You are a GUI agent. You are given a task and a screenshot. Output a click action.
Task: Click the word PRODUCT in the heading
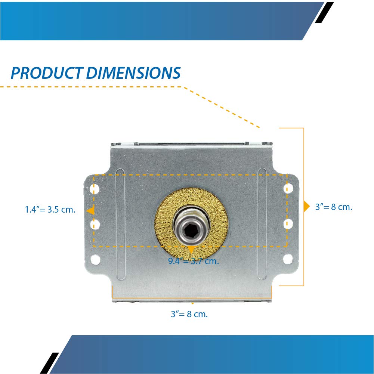coord(46,73)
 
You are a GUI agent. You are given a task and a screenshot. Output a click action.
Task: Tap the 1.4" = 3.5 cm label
coord(50,210)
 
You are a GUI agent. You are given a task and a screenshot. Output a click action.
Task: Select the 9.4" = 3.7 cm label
coord(193,261)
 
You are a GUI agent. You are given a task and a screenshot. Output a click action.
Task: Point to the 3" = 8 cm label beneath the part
coord(189,314)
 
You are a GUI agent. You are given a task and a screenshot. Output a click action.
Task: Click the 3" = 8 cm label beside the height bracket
coord(334,207)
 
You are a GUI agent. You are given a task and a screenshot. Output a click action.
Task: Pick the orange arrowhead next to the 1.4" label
coord(90,211)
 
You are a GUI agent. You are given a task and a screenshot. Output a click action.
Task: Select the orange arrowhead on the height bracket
coord(306,207)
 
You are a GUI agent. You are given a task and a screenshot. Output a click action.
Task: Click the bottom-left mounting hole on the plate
coord(96,258)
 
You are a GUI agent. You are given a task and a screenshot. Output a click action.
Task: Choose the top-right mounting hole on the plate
coord(288,188)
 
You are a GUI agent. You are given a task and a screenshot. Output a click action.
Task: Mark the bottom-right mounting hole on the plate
coord(288,258)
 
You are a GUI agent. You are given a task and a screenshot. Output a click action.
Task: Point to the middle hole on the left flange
coord(96,224)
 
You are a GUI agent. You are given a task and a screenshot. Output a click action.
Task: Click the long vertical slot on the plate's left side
coord(120,224)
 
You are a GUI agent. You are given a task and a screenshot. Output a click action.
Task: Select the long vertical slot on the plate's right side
coord(262,224)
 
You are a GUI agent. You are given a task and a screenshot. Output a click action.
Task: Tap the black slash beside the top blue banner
coord(324,12)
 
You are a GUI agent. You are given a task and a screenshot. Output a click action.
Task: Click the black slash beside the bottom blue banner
coord(49,363)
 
